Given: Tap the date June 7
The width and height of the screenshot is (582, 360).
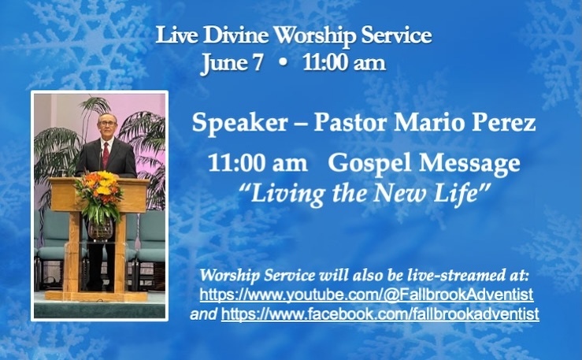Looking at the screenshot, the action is [x=232, y=63].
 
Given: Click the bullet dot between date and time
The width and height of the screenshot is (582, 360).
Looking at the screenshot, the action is [x=283, y=63].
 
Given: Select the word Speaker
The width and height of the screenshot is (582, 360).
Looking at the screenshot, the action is [x=239, y=122].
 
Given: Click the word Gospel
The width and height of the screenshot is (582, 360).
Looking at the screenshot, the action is [x=369, y=163].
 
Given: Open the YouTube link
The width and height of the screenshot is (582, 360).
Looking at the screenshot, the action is [x=366, y=295].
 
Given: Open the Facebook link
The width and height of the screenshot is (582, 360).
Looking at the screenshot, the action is [x=380, y=314].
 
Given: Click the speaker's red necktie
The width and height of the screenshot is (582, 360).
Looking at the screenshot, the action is [x=106, y=154].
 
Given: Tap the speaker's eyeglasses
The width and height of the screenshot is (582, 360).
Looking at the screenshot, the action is [x=107, y=123].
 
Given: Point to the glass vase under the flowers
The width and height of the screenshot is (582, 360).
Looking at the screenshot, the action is [x=100, y=229].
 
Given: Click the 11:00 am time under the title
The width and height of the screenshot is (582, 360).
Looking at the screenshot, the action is [x=344, y=63].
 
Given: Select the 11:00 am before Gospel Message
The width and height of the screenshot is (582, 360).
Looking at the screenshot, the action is [x=258, y=163].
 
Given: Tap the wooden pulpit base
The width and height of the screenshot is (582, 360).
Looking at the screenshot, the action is [x=97, y=296].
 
